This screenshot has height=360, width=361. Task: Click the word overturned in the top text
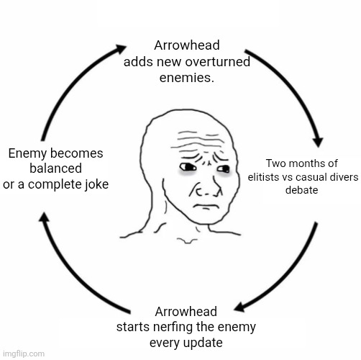218,62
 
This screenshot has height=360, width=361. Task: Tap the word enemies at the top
186,78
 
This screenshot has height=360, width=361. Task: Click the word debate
302,190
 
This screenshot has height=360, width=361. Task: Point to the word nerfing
173,326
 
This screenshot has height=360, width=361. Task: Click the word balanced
55,168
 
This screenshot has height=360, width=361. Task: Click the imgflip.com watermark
24,354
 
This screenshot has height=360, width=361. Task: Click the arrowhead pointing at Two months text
319,143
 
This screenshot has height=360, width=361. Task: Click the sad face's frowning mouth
205,206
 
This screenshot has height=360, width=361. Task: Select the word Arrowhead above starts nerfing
186,312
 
